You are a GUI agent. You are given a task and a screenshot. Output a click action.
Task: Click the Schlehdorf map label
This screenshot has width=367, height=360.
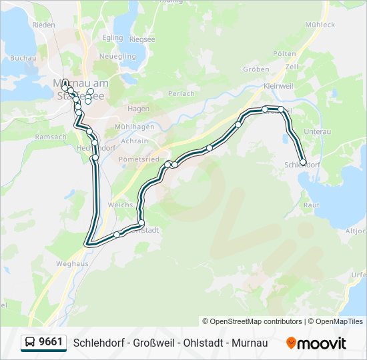(302, 165)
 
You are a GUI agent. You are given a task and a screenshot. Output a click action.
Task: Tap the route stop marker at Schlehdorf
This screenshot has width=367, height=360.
(303, 162)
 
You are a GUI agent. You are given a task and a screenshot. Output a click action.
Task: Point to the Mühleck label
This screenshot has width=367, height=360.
(320, 25)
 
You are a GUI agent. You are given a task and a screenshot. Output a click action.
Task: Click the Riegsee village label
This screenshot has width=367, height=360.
(141, 39)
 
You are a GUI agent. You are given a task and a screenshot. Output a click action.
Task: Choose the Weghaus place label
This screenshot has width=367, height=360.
(72, 264)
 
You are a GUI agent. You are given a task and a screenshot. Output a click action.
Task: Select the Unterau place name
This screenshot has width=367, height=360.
(317, 132)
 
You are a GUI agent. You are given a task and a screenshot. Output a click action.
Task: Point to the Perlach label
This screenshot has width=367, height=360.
(181, 94)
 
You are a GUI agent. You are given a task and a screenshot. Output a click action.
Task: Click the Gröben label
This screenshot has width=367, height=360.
(256, 69)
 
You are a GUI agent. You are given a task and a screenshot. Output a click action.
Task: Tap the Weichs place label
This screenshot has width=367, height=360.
(121, 205)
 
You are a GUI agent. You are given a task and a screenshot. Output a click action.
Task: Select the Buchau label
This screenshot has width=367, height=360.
(23, 58)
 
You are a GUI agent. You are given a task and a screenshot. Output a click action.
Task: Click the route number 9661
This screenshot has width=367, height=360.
(51, 342)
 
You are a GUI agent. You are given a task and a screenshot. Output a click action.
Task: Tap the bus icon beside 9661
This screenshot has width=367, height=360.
(30, 342)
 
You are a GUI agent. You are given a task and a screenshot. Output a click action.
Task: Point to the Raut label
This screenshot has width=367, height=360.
(311, 206)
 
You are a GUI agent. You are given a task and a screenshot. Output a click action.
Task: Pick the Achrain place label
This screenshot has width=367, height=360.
(135, 141)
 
